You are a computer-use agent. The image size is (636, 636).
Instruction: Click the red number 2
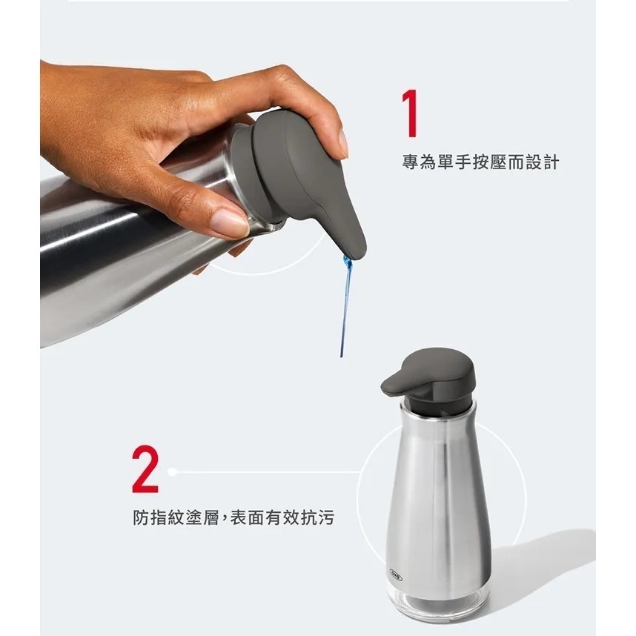pos(145,468)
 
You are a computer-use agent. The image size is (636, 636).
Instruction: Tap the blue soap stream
pos(345,304)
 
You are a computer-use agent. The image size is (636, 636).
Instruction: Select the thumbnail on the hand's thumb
pos(229,222)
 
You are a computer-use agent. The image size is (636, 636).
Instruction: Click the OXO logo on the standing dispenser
pos(396,572)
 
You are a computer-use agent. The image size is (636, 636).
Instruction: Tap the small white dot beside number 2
pos(173,471)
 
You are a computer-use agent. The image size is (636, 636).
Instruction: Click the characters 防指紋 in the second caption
pos(158,517)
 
